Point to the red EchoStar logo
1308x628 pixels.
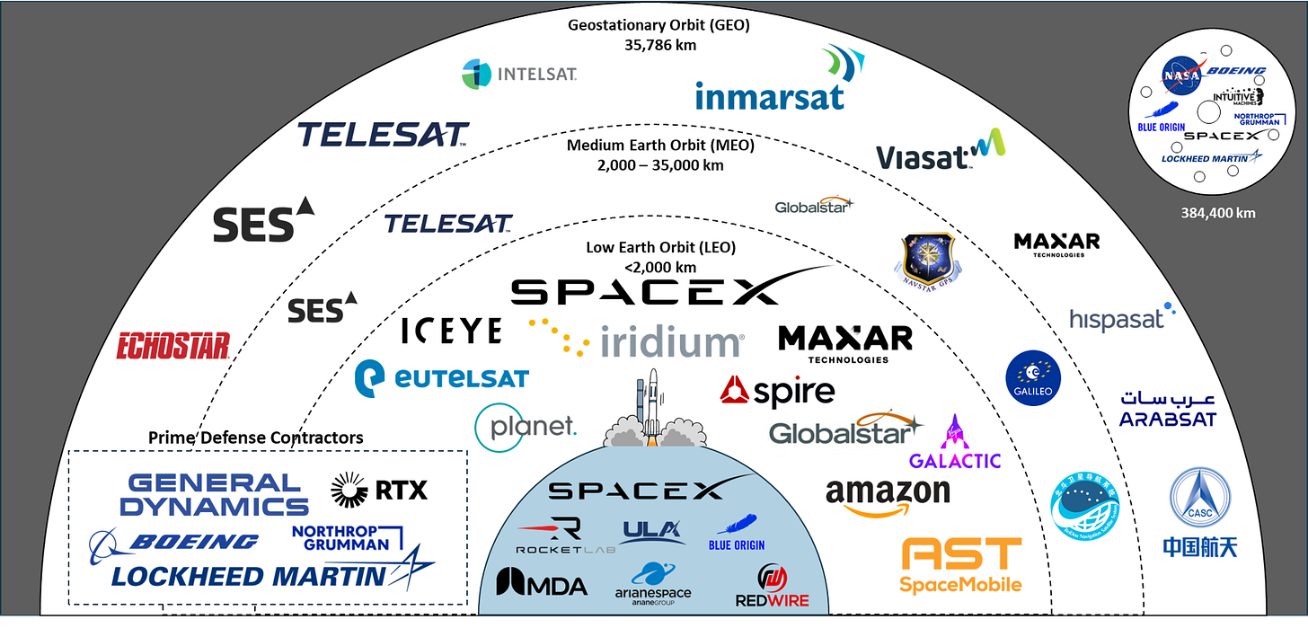point(173,346)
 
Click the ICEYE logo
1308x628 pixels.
point(451,331)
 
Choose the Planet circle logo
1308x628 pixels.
point(526,427)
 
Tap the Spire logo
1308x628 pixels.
point(778,391)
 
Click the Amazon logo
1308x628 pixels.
point(887,496)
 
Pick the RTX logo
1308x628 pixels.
point(379,489)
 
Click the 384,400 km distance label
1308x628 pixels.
point(1218,214)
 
